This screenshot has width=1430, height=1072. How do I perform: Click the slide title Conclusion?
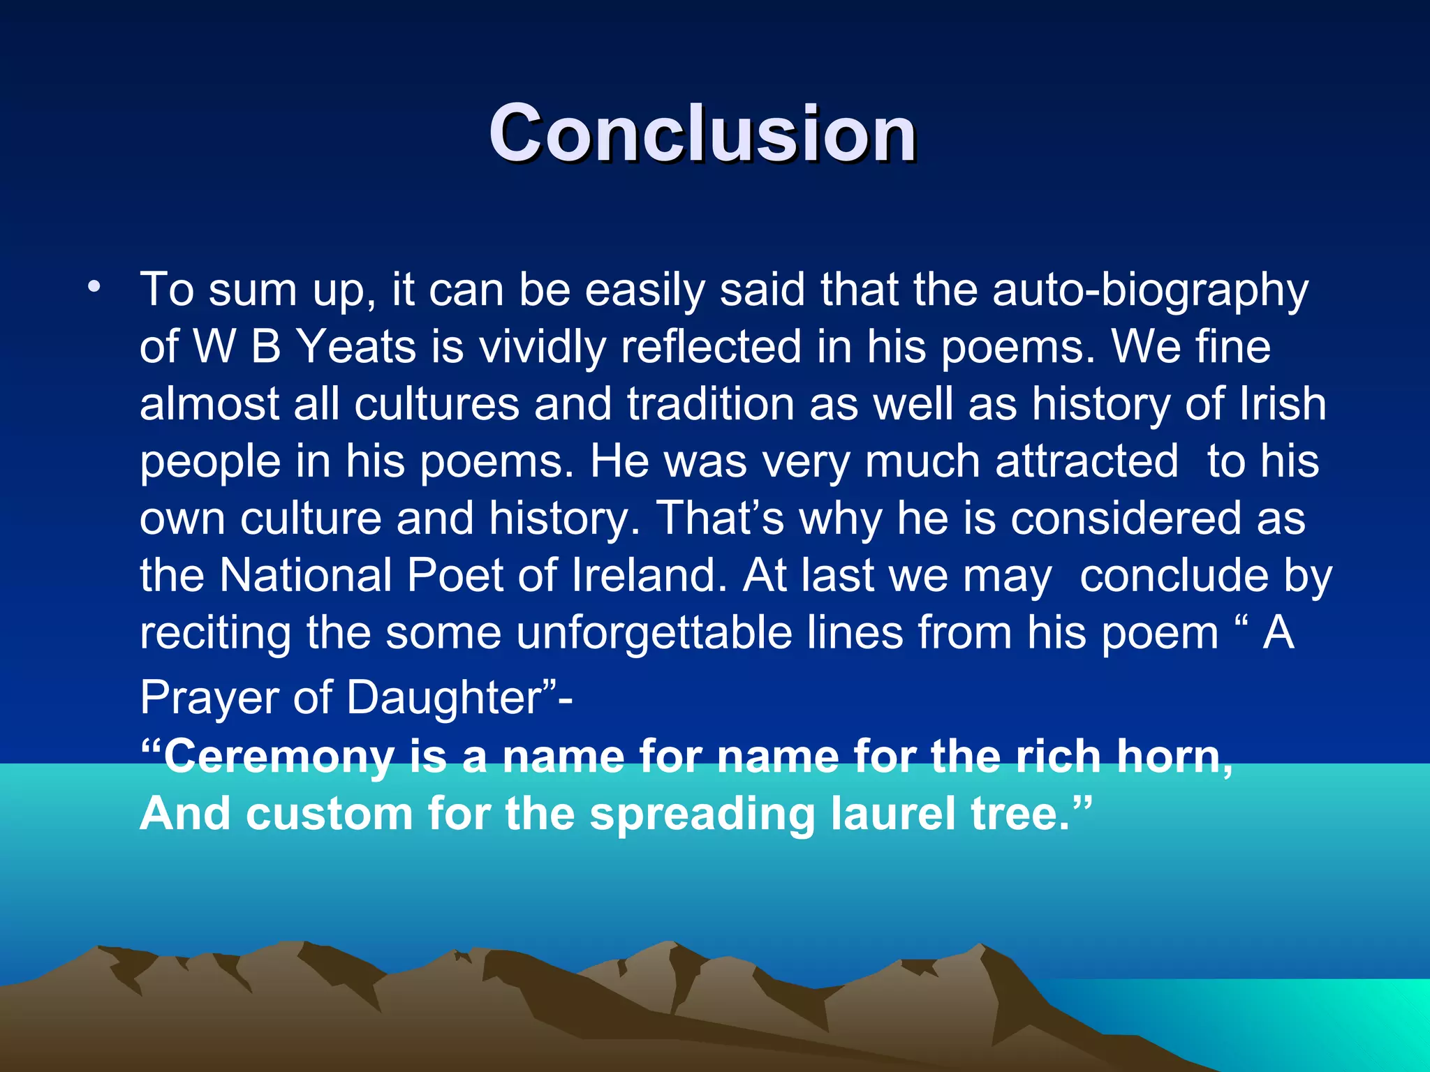point(702,133)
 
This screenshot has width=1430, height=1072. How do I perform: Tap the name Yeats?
point(357,347)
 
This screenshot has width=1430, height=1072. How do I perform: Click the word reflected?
point(711,347)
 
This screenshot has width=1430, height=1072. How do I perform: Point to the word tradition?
point(711,404)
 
